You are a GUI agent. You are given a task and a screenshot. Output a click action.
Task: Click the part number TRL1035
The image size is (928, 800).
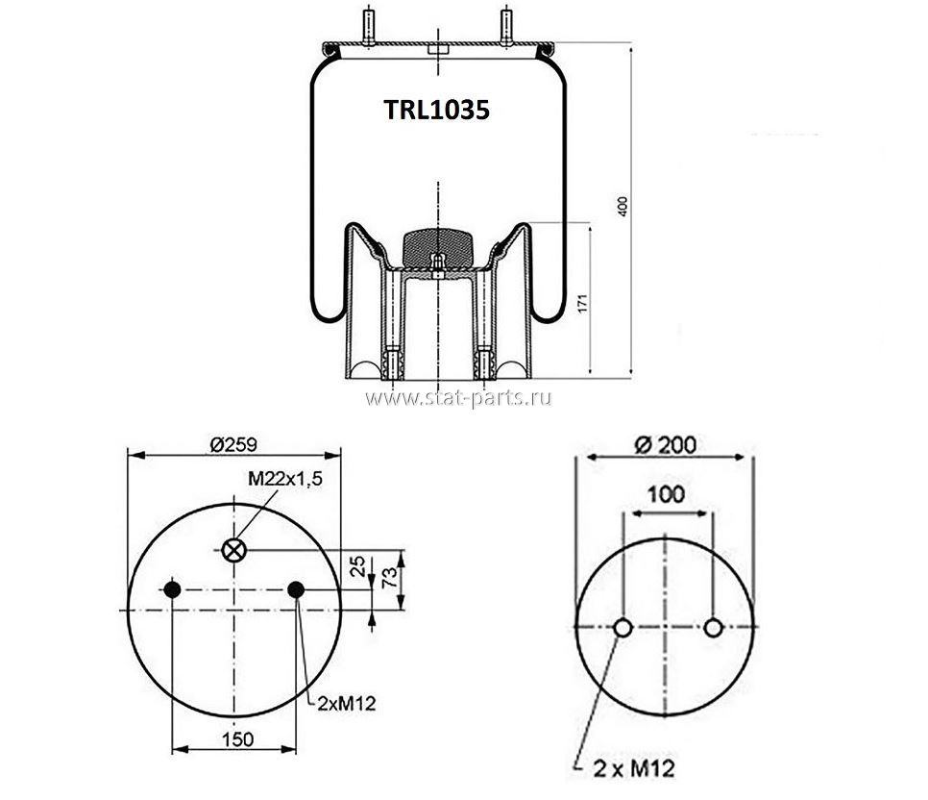click(x=437, y=110)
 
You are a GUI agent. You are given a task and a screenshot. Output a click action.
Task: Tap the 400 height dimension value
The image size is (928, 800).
click(x=623, y=206)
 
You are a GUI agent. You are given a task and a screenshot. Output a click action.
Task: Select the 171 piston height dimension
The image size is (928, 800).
click(x=583, y=303)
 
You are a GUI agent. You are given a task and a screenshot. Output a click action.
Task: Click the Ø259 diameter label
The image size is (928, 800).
click(x=233, y=444)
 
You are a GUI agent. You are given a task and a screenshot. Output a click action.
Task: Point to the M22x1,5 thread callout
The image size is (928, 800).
click(x=285, y=479)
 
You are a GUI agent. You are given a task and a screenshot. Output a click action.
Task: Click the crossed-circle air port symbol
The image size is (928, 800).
click(x=234, y=550)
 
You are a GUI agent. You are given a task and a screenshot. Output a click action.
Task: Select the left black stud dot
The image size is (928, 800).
click(x=172, y=589)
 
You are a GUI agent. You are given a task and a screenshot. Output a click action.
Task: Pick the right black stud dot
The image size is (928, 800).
click(x=296, y=589)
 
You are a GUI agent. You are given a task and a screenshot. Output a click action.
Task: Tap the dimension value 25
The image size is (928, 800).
click(x=358, y=567)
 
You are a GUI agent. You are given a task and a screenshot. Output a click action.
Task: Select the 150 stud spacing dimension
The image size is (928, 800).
click(x=237, y=739)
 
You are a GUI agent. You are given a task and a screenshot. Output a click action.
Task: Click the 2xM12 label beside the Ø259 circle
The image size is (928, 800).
click(x=347, y=704)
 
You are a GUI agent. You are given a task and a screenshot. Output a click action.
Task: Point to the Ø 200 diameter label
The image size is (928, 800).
click(x=665, y=444)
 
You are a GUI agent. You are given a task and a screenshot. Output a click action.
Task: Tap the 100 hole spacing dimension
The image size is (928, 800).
click(x=666, y=493)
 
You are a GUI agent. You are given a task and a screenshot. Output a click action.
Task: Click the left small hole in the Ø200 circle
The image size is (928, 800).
click(x=623, y=628)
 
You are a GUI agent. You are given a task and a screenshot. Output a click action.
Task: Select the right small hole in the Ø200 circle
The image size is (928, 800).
click(x=713, y=628)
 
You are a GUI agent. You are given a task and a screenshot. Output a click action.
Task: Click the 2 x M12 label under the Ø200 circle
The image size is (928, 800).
click(x=634, y=768)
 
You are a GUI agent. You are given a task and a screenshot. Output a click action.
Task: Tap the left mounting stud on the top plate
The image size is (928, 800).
click(x=368, y=26)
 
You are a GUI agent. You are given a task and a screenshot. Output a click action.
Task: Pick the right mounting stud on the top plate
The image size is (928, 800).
click(x=506, y=26)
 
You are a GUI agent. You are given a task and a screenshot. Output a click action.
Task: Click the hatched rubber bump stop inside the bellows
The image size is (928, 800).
click(x=437, y=248)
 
